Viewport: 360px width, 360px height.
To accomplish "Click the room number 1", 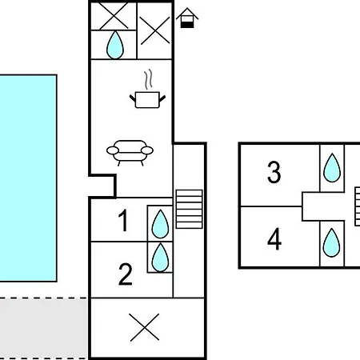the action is [124, 220].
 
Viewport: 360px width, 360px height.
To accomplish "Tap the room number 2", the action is [126, 274].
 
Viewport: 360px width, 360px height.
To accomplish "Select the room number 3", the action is [274, 172].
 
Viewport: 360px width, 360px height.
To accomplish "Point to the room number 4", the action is [274, 239].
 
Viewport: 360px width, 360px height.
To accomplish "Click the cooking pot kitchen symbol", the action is [147, 100].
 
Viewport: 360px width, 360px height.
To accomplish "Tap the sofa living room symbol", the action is [130, 153].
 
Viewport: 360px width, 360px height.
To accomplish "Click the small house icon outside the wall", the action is [187, 18].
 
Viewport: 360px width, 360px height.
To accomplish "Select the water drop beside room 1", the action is [160, 224].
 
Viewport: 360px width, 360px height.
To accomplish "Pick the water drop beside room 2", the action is [160, 258].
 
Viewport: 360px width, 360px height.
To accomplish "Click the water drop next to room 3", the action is [332, 168].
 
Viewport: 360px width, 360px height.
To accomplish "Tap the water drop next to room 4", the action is [331, 242].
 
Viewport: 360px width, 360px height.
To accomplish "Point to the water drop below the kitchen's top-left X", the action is [115, 45].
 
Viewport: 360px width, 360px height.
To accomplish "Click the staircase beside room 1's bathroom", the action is [189, 209].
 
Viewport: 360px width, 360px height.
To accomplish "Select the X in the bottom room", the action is [144, 327].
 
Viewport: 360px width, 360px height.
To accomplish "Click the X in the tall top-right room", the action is [154, 30].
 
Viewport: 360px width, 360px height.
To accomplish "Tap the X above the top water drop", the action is [114, 16].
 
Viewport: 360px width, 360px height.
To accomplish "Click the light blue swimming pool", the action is [28, 178].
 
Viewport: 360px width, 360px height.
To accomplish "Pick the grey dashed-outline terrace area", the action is [43, 329].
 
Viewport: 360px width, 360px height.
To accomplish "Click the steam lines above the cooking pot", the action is [149, 79].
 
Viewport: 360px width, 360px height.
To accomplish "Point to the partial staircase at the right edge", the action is [357, 206].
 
